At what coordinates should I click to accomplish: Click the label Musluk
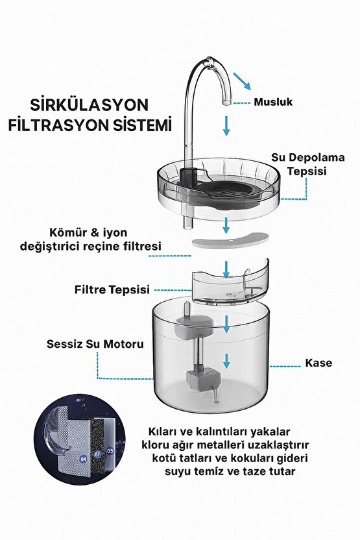coord(273,102)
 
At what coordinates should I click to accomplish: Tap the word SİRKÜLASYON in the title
coord(90,105)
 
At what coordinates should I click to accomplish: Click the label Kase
coord(318,363)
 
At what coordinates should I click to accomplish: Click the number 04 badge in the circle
coord(83,458)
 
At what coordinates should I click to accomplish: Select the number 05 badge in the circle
coord(110,449)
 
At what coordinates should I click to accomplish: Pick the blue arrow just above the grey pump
coord(226,359)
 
